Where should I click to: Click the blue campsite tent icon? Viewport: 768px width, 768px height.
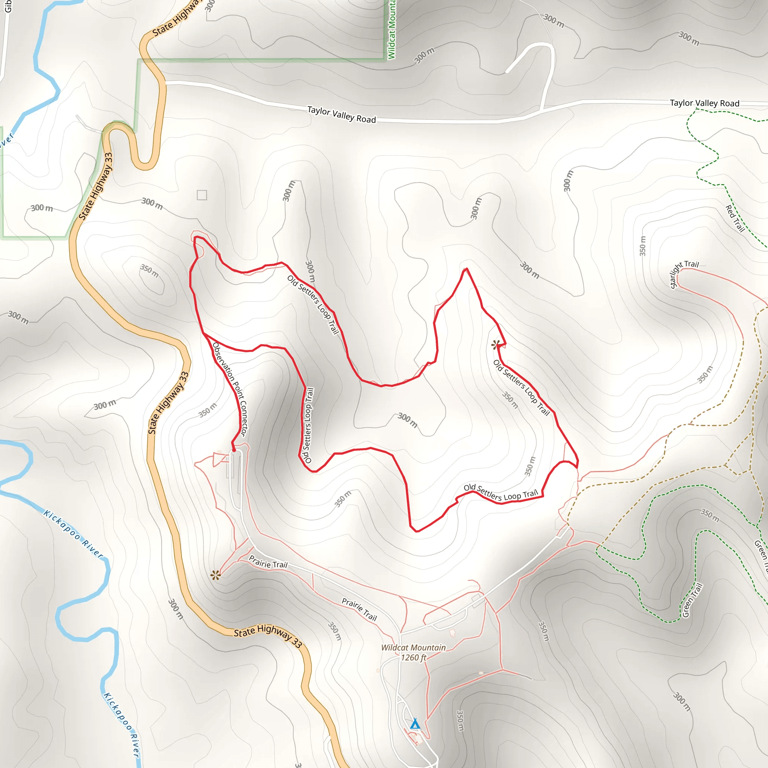(415, 723)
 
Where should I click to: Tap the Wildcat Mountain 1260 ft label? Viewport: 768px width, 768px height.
(413, 652)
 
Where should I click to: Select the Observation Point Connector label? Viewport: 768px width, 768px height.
(230, 390)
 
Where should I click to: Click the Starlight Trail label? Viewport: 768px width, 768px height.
(684, 274)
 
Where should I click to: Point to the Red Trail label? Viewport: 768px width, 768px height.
(735, 218)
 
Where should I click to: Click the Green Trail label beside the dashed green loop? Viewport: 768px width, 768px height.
(693, 600)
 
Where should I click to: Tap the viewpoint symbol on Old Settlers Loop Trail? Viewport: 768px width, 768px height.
(495, 344)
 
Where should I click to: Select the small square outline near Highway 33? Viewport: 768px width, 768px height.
(202, 195)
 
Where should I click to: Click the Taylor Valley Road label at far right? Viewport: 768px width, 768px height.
(704, 103)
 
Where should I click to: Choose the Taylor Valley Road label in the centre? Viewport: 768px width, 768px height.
(342, 114)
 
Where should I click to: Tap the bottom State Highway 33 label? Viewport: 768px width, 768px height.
(267, 635)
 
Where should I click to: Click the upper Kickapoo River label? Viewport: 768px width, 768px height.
(73, 534)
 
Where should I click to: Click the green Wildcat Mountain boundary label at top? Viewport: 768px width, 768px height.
(391, 30)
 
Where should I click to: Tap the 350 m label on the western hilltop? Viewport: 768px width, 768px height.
(149, 271)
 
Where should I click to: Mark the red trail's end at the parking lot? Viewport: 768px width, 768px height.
(234, 450)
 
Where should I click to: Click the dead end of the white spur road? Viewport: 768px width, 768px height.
(506, 72)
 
